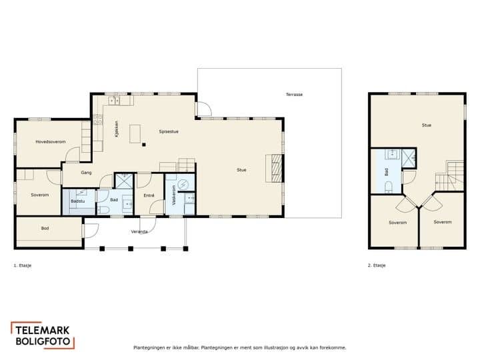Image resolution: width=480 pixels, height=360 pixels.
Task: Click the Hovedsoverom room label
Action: [x=51, y=142]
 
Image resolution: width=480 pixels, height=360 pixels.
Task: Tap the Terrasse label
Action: [x=294, y=95]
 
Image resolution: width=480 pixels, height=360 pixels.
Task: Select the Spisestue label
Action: [x=169, y=131]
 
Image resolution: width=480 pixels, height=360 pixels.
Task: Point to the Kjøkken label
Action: [x=116, y=129]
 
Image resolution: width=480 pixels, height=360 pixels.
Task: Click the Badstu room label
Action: [x=78, y=201]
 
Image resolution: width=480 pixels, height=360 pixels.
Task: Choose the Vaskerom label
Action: [x=174, y=195]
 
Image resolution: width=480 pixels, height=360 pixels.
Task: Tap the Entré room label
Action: [x=149, y=195]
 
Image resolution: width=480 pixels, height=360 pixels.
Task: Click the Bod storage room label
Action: [x=45, y=228]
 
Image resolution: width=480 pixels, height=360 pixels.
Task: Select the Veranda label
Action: [x=139, y=232]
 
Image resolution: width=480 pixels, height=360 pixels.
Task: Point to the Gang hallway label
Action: [x=86, y=173]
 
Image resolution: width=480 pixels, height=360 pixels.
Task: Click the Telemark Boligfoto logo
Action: [x=43, y=335]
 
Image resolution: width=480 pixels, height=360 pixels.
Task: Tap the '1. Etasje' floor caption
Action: [x=23, y=265]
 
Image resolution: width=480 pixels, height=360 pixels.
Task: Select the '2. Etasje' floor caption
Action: [x=377, y=265]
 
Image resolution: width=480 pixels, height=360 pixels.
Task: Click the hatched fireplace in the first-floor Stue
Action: [x=277, y=169]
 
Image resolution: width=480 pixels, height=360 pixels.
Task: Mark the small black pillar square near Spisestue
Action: [x=144, y=145]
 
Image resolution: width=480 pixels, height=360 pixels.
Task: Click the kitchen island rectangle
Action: [x=135, y=134]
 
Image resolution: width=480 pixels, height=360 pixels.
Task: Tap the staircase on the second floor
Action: [x=449, y=176]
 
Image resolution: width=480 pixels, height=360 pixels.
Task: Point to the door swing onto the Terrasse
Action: [x=203, y=109]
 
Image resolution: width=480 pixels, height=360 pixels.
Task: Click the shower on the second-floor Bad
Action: [x=409, y=158]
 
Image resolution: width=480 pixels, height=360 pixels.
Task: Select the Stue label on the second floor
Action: [x=427, y=125]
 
